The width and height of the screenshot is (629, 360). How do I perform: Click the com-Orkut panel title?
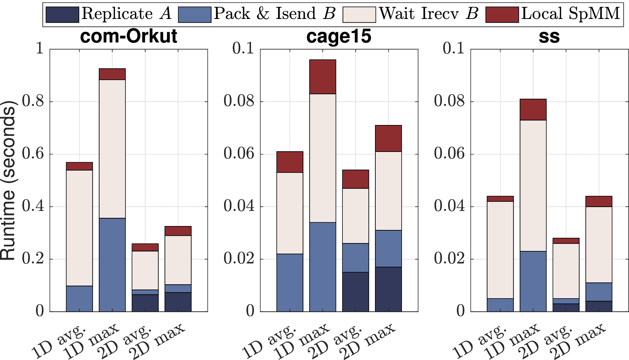point(129,36)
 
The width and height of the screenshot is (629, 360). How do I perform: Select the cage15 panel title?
point(338,36)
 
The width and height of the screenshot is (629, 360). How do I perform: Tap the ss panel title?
point(549,36)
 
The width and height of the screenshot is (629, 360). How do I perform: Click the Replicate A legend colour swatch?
point(62,15)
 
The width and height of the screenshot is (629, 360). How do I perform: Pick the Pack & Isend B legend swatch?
point(194,15)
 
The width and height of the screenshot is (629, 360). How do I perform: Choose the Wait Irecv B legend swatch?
point(359,15)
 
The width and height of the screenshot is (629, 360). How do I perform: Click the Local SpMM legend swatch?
point(502,15)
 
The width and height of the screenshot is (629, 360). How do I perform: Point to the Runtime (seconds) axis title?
point(8,180)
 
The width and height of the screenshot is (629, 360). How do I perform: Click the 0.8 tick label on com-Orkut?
point(33,101)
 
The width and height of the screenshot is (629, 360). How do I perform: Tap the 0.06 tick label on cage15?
point(239,154)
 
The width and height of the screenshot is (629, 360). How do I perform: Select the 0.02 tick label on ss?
point(449,259)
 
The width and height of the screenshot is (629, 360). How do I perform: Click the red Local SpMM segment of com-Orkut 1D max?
point(112,74)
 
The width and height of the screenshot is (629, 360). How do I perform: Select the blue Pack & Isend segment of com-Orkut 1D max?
point(112,265)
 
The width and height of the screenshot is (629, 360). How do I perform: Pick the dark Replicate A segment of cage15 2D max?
point(388,289)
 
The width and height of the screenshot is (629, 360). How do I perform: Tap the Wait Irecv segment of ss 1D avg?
point(500,250)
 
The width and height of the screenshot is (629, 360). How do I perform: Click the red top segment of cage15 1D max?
point(322,77)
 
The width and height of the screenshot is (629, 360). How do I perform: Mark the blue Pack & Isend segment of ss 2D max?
point(599,292)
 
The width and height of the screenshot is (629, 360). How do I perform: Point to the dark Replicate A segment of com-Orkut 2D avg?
point(145,303)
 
